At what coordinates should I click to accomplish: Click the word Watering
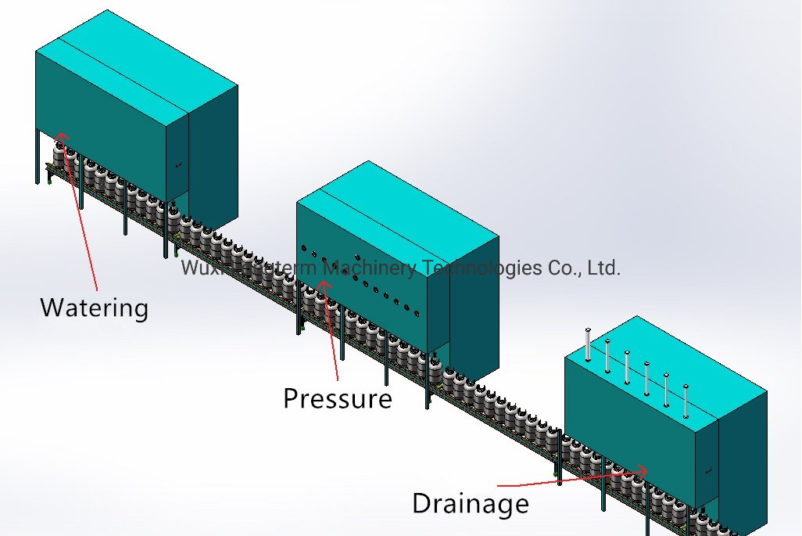coord(94,307)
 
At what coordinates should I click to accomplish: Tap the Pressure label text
coord(337,398)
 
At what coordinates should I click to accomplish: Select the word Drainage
coord(470,502)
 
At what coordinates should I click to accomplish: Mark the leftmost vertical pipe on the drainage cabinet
coord(588,344)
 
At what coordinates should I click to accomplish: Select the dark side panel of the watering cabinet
coord(213,156)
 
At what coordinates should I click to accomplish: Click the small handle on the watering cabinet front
coord(178,164)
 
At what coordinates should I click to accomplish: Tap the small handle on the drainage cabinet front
coord(707,470)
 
